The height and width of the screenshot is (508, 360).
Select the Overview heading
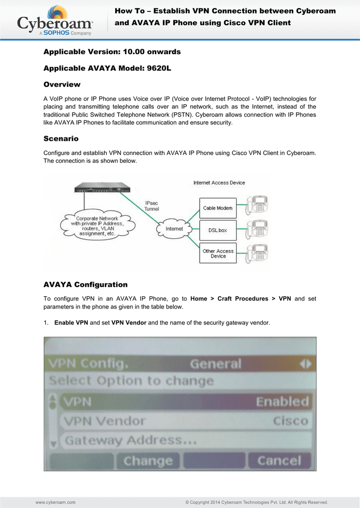(62, 84)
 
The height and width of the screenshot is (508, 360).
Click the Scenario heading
(61, 139)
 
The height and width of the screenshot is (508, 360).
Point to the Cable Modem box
(218, 208)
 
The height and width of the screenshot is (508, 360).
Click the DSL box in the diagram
(218, 230)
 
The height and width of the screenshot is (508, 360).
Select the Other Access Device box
(218, 253)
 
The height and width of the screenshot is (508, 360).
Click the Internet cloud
(174, 229)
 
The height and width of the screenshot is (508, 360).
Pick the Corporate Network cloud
(97, 226)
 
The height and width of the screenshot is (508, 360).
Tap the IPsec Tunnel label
(151, 206)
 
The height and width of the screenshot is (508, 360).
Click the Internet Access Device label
(219, 183)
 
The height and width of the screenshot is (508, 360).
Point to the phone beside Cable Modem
(257, 205)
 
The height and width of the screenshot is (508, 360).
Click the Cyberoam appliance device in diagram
(102, 188)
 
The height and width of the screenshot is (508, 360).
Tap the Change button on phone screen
(148, 461)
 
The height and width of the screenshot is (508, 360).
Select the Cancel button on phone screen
(279, 461)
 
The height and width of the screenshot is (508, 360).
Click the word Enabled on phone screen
(283, 402)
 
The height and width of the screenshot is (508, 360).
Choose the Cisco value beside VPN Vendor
(290, 421)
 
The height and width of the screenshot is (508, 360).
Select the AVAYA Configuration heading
(85, 285)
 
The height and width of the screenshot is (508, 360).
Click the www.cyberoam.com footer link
(56, 502)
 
